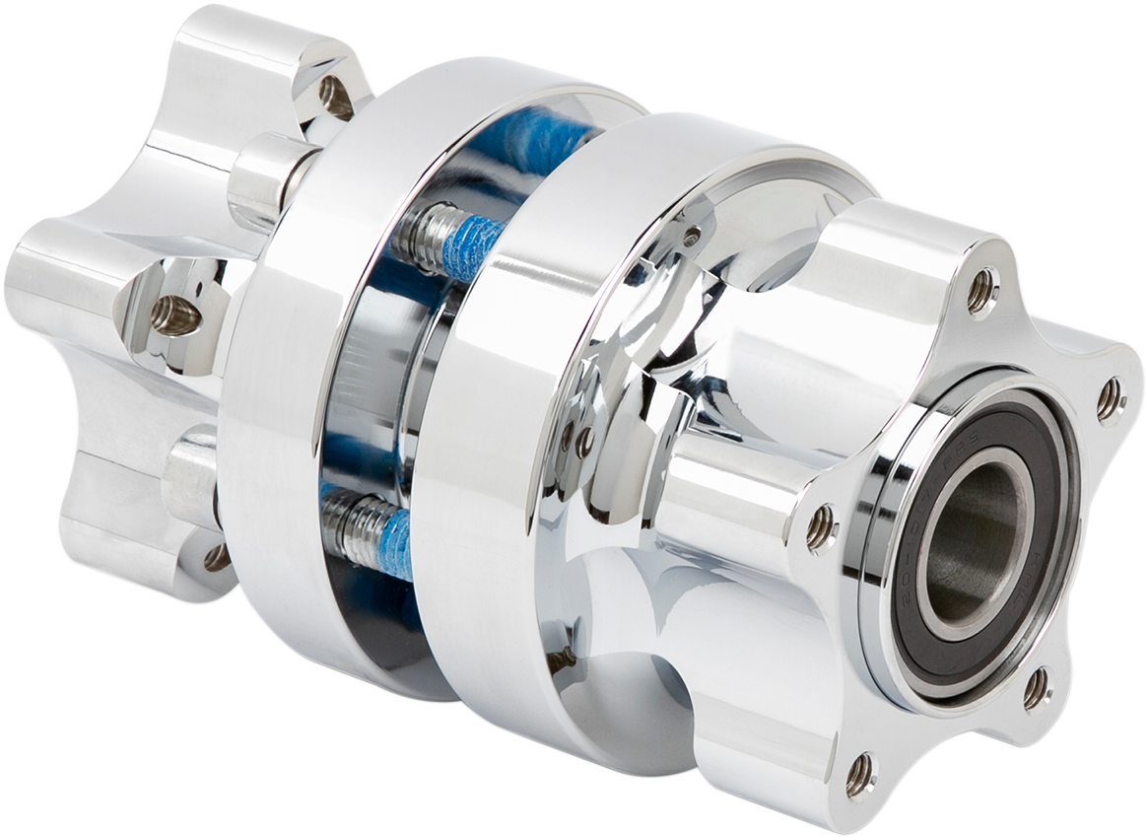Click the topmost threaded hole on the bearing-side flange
980,290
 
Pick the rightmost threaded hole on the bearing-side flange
1109,398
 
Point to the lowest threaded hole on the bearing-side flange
859,774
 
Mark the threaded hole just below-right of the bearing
1036,688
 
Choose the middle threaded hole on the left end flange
175,315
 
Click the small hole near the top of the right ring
693,236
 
